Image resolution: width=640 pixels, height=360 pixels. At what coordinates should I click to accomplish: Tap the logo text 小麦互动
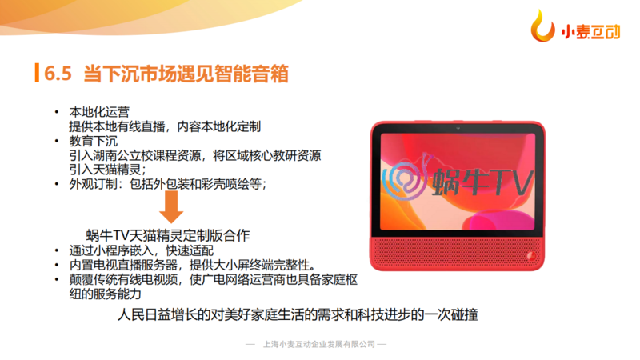590,31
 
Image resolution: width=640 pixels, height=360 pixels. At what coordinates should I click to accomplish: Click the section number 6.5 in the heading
58,74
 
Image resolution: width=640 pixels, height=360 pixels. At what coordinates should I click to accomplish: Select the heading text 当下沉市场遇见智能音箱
186,74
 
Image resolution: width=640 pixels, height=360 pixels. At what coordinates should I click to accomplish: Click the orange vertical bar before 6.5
37,73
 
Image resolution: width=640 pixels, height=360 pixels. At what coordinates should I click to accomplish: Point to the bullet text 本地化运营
99,112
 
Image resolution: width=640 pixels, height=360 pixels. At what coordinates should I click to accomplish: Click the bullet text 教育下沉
94,141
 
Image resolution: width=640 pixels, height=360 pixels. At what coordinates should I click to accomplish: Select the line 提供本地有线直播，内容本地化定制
165,126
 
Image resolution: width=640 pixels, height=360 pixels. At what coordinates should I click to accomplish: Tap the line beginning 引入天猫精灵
107,170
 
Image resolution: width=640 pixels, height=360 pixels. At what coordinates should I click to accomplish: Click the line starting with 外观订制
168,184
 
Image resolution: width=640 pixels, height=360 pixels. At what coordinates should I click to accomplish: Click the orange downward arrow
171,207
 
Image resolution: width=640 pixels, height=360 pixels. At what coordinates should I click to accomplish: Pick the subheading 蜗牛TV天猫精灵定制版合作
168,235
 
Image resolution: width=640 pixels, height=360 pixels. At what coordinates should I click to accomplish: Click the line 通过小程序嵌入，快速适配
142,250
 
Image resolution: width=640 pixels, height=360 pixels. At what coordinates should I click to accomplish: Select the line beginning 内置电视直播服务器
193,265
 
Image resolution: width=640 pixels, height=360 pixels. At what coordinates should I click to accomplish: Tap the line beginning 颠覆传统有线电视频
213,279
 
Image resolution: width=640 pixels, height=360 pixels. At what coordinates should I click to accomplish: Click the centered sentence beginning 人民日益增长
298,314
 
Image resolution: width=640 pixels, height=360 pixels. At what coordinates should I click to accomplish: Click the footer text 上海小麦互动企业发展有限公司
319,345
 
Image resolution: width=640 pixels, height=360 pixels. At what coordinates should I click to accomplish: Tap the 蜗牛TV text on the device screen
482,182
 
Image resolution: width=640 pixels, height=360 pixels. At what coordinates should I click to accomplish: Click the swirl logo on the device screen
406,179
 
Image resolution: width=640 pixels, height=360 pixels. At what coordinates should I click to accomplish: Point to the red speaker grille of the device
457,252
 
